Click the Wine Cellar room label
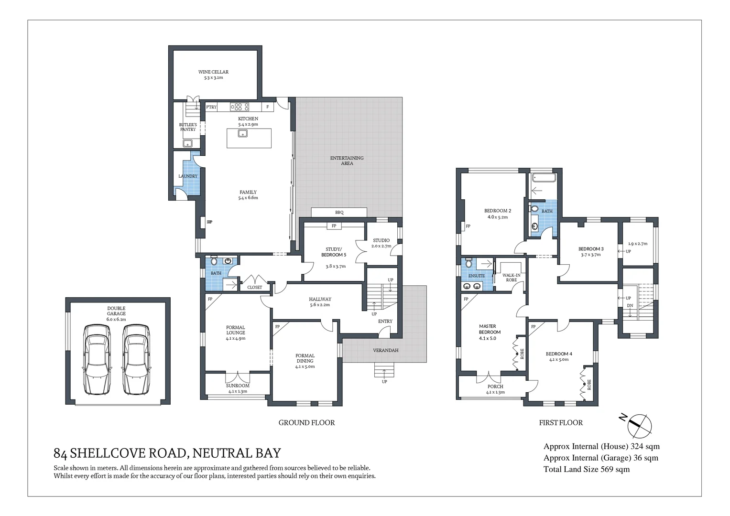click(x=214, y=72)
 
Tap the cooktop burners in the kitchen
click(x=240, y=107)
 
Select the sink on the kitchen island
click(x=242, y=133)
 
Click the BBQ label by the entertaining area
click(x=339, y=213)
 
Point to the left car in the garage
click(x=97, y=359)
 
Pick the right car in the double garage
click(x=136, y=359)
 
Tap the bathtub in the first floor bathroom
click(x=543, y=178)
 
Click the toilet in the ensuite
click(x=469, y=263)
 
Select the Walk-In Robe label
click(x=512, y=278)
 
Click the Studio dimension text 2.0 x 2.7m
click(x=381, y=246)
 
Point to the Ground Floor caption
click(x=306, y=423)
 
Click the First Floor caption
click(x=561, y=423)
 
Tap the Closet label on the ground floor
click(x=254, y=287)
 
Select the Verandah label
click(x=386, y=351)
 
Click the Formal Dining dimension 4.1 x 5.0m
click(x=305, y=366)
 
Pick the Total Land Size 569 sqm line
click(x=587, y=469)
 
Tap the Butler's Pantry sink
click(x=187, y=143)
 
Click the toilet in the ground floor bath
click(x=214, y=260)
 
